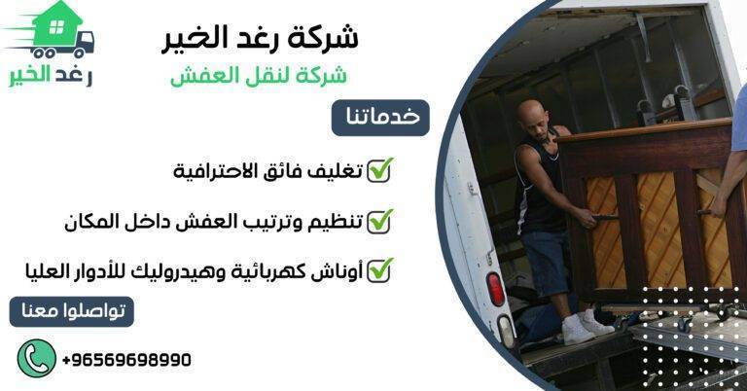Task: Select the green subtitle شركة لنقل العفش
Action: tap(259, 76)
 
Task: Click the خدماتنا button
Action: tap(380, 117)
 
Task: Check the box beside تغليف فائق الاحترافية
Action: tap(378, 171)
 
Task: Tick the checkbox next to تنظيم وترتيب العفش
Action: tap(378, 221)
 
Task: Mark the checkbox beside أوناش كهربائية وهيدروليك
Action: tap(378, 269)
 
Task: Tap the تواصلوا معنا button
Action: tap(72, 312)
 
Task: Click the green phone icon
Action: tap(35, 358)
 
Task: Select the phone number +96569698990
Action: tap(126, 360)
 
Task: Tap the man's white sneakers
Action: tap(587, 325)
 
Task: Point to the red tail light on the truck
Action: tap(495, 288)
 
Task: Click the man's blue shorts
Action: tap(545, 261)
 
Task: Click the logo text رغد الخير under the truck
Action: tap(49, 78)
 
